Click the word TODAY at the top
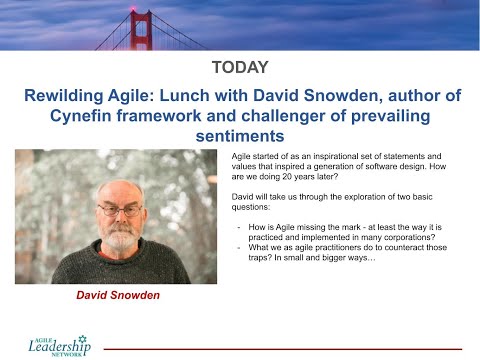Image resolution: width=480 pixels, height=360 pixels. point(240,68)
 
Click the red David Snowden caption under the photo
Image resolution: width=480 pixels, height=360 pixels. point(118,296)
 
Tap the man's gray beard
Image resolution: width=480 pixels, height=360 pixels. point(120,238)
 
